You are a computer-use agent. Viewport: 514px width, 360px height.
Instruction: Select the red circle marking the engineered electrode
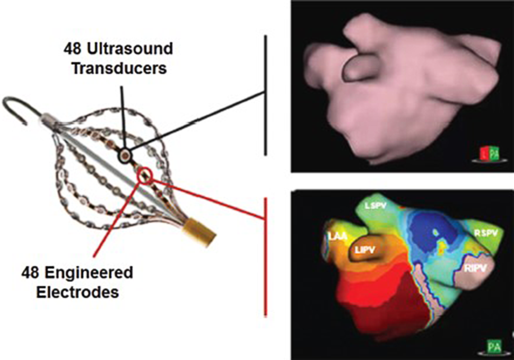[x=145, y=175]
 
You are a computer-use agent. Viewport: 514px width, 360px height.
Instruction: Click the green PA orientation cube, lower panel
[x=495, y=347]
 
